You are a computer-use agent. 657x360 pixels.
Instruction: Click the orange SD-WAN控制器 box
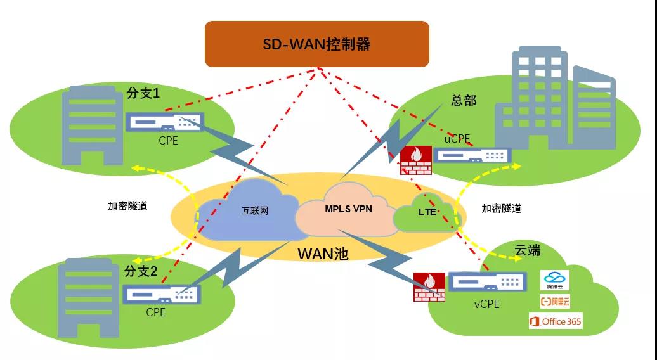click(316, 44)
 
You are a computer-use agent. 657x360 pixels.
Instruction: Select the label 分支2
click(141, 272)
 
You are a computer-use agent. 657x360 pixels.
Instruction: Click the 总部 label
click(463, 100)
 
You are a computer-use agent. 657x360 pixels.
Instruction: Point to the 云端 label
click(527, 250)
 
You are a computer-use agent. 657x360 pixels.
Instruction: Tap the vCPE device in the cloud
click(487, 281)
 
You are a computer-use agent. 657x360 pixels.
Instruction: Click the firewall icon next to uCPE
click(416, 161)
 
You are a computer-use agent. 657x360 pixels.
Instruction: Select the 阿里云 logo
click(555, 301)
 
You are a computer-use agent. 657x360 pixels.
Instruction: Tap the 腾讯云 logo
click(555, 280)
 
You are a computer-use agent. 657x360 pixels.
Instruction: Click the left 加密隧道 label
click(127, 206)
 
